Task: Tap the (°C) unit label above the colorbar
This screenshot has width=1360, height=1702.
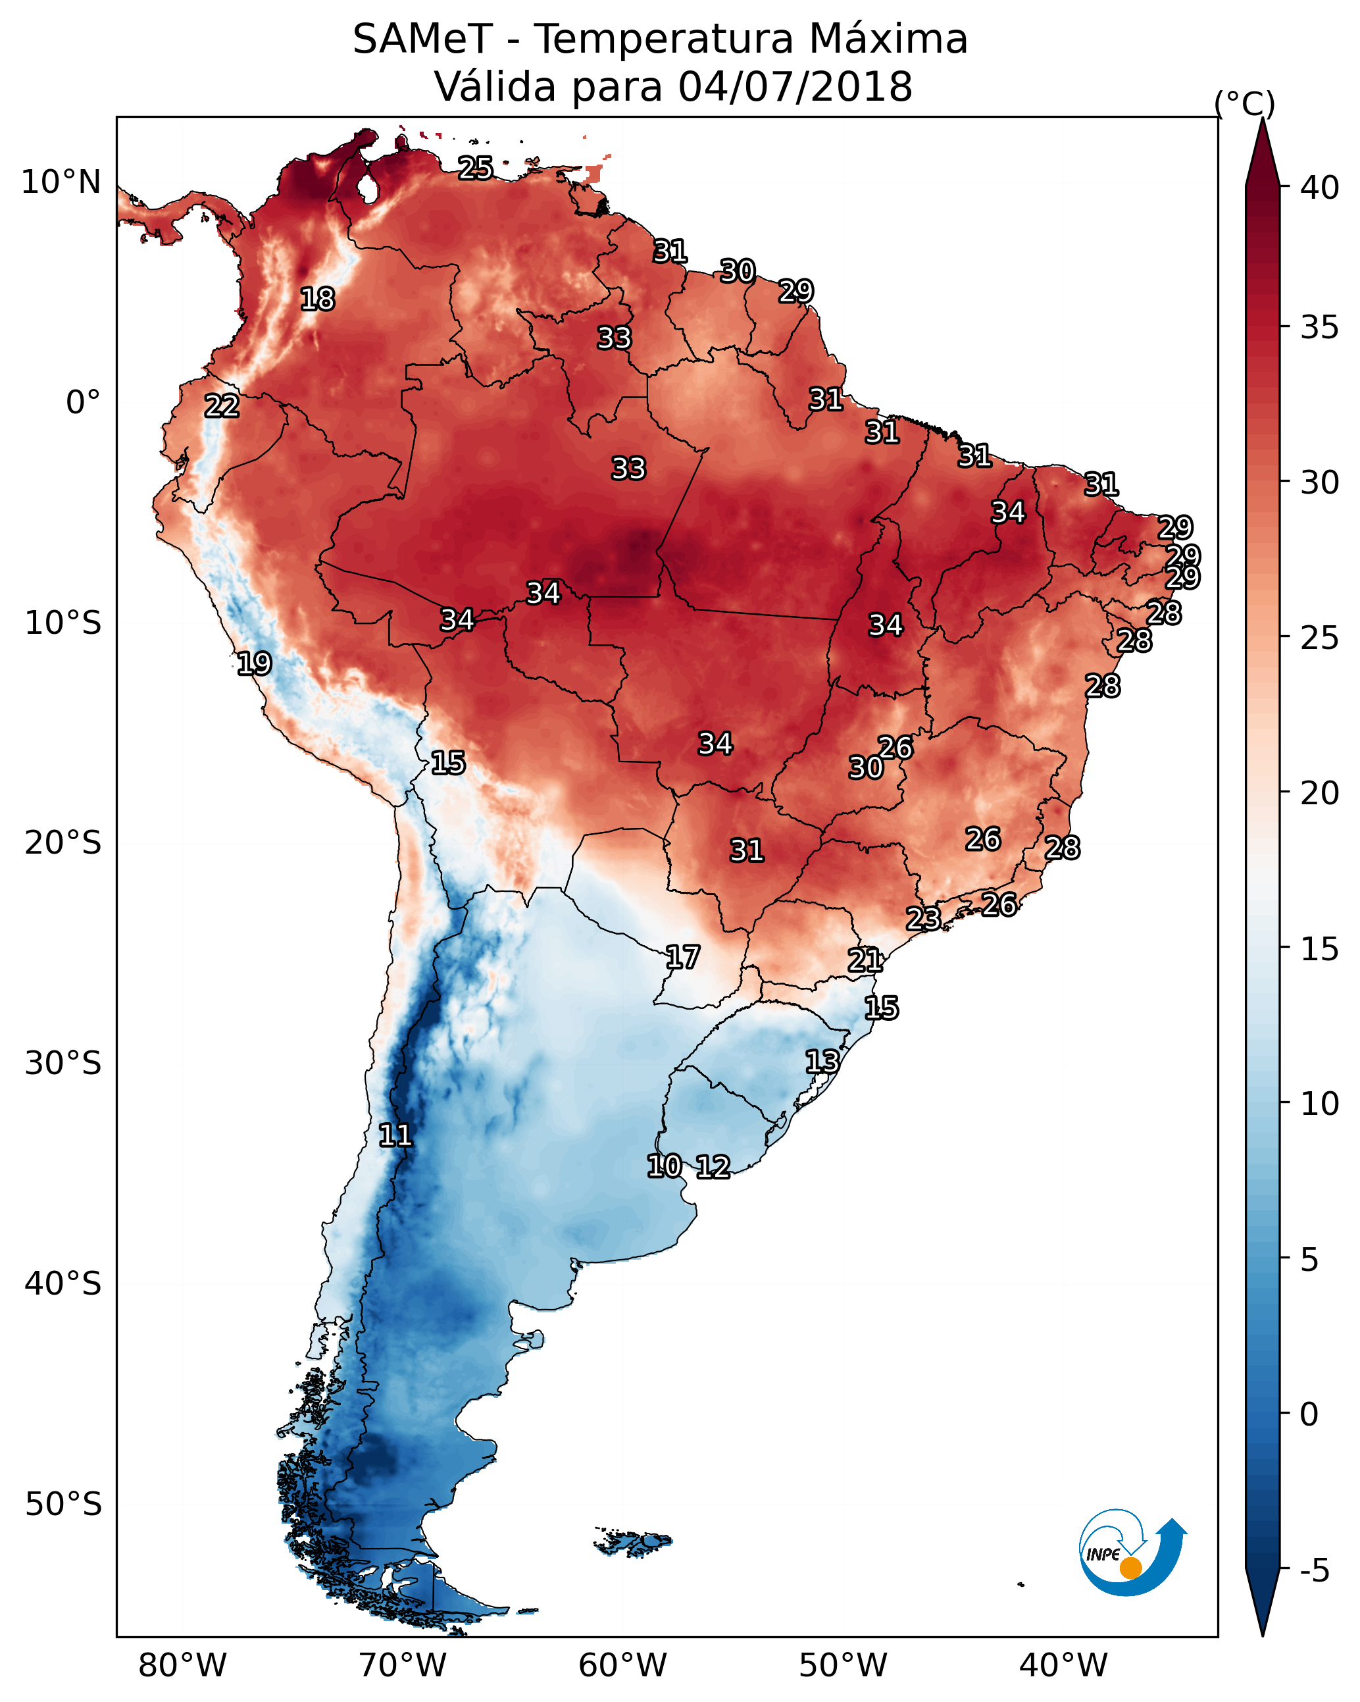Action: click(x=1244, y=103)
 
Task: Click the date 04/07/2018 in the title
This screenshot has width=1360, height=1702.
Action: click(x=795, y=87)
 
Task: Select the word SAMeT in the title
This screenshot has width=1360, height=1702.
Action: click(x=422, y=39)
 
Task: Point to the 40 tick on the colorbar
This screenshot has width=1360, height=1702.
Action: click(x=1320, y=188)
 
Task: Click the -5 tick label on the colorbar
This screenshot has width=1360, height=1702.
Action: click(x=1314, y=1570)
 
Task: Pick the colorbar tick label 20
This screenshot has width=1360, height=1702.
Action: click(x=1320, y=793)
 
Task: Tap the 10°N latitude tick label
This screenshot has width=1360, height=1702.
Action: click(x=61, y=182)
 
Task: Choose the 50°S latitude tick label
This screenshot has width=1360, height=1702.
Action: click(x=63, y=1505)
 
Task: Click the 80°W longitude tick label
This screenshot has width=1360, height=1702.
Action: click(x=182, y=1666)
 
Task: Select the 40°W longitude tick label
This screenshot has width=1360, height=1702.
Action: click(x=1063, y=1666)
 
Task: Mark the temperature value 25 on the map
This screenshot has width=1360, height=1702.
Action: click(x=476, y=168)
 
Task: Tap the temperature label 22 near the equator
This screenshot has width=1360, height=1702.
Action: click(x=222, y=407)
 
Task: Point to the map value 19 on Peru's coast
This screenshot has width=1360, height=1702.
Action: click(x=254, y=664)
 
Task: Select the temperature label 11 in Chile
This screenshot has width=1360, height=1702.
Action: click(x=395, y=1135)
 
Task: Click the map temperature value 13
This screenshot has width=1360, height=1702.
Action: click(x=822, y=1061)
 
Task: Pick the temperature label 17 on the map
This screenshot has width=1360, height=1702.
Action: click(x=682, y=958)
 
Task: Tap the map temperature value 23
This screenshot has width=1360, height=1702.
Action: click(x=922, y=918)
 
